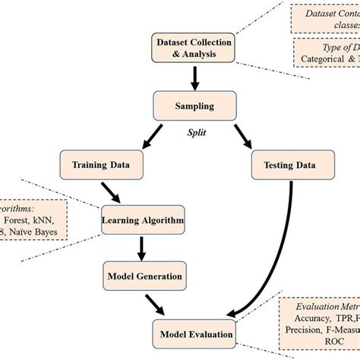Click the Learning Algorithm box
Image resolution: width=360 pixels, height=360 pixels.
(143, 220)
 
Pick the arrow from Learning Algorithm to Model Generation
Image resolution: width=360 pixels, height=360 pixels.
(141, 248)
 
